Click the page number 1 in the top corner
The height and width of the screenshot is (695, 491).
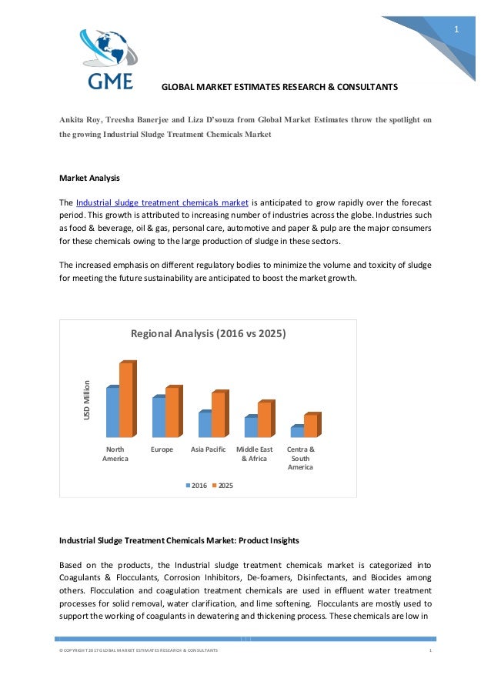coord(456,30)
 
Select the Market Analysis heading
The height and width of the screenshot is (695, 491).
coord(89,179)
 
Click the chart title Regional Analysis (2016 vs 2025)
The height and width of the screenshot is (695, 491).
coord(208,334)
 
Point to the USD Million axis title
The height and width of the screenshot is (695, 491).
coord(87,400)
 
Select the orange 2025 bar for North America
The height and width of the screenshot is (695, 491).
coord(126,399)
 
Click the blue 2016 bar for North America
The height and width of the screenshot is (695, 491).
coord(112,412)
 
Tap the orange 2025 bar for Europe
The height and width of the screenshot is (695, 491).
coord(172,412)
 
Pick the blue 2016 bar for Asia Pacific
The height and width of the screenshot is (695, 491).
coord(205,424)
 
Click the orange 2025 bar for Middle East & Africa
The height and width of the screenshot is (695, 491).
coord(264,419)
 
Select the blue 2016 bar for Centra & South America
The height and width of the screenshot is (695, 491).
coord(296,432)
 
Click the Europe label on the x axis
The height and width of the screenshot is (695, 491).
coord(162,449)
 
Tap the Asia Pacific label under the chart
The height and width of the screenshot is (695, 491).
coord(208,449)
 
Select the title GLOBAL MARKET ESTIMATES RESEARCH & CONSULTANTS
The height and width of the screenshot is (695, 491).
coord(279,87)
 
